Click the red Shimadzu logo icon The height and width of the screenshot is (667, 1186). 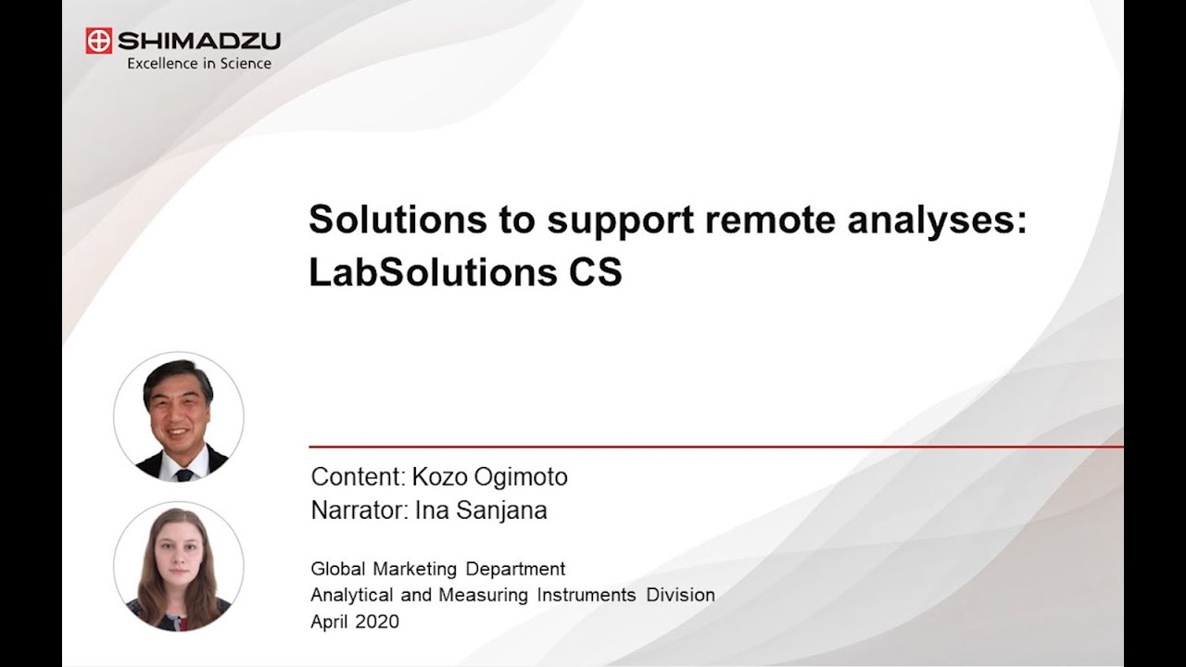click(x=98, y=41)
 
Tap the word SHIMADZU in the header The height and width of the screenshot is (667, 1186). click(x=198, y=41)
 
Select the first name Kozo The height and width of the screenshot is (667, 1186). click(x=439, y=478)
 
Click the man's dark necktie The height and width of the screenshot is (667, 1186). click(x=183, y=473)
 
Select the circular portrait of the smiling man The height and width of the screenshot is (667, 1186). click(x=179, y=416)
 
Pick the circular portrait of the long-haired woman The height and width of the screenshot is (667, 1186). click(x=179, y=566)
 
